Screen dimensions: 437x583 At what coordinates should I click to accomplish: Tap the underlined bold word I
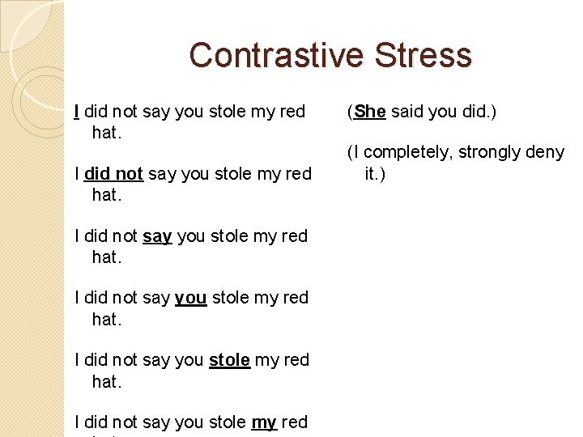click(76, 112)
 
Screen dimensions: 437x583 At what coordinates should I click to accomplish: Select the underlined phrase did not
click(114, 173)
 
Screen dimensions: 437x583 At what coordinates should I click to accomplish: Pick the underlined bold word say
click(157, 236)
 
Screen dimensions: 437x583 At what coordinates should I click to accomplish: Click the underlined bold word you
click(190, 298)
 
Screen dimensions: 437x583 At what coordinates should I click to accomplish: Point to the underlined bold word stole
click(229, 360)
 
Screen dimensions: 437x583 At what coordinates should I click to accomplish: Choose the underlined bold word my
click(264, 422)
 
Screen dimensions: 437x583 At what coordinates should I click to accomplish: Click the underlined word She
click(369, 112)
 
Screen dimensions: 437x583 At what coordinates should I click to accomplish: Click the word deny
click(547, 152)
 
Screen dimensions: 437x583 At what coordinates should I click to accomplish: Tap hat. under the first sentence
click(106, 133)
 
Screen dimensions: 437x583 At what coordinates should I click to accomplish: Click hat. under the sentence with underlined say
click(106, 257)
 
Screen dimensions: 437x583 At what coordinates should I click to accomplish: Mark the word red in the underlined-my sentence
click(295, 422)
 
